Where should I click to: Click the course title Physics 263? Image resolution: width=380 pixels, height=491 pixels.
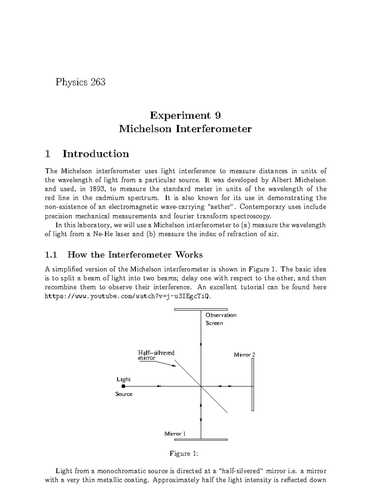point(80,82)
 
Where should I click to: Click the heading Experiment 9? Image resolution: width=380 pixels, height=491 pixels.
point(185,115)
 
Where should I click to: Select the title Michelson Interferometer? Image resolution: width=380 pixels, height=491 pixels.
point(185,129)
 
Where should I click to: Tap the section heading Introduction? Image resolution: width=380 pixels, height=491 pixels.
point(96,154)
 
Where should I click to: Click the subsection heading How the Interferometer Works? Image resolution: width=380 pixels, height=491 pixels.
point(135,255)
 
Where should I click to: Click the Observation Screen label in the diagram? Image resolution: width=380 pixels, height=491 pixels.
point(221,319)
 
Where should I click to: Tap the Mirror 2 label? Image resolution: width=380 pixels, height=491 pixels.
point(244,355)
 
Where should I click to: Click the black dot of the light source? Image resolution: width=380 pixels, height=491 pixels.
point(123,386)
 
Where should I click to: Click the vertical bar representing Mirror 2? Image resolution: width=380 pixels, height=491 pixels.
point(253,384)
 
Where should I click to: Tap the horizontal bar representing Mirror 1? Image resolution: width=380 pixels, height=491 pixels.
point(201,439)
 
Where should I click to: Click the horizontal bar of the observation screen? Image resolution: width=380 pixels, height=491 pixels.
point(201,309)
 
